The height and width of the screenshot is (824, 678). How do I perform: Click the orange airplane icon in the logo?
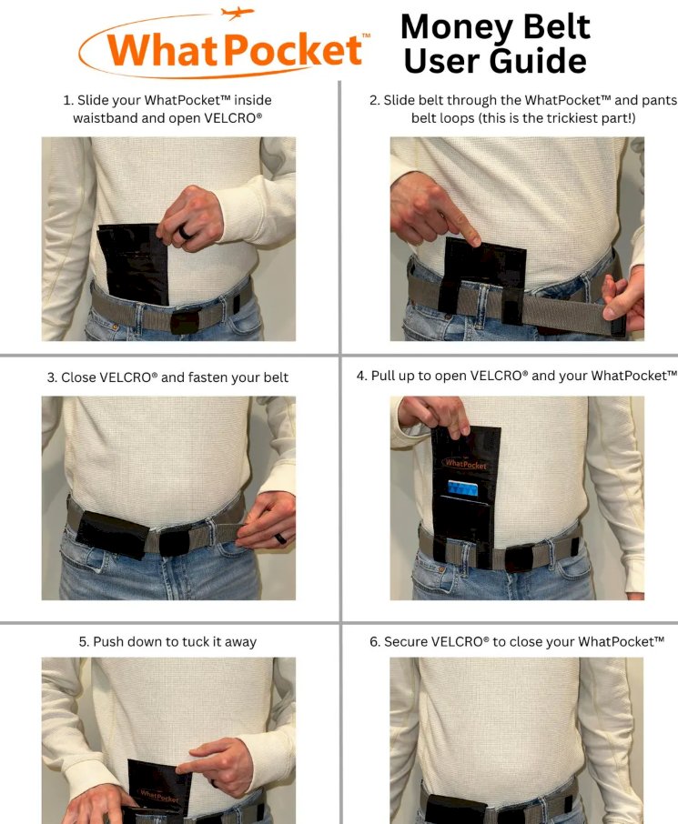[x=238, y=13]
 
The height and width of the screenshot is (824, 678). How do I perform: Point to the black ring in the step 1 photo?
[x=185, y=232]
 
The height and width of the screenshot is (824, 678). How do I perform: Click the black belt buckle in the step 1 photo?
[x=185, y=322]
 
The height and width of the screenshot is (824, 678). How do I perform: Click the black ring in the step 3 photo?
[x=280, y=538]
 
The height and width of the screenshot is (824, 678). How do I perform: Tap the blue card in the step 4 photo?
[x=463, y=488]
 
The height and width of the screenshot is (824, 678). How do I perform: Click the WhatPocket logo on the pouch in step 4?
[x=466, y=464]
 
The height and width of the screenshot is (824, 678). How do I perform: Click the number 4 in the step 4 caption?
[x=360, y=377]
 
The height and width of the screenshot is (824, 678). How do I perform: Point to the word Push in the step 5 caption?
[x=109, y=642]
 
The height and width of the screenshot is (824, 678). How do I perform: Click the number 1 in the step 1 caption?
[x=66, y=100]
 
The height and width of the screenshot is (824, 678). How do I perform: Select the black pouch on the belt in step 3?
[x=113, y=535]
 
